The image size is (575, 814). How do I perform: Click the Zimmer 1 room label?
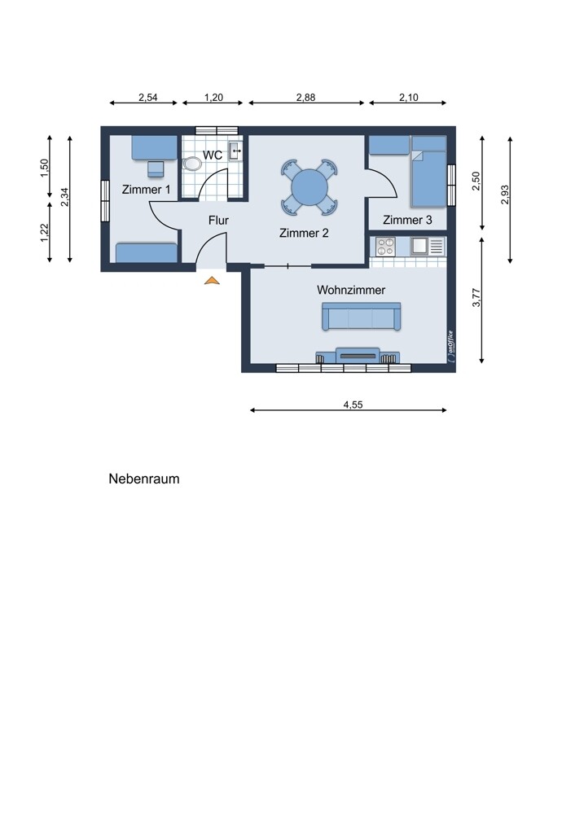147,190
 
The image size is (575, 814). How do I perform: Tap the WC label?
213,155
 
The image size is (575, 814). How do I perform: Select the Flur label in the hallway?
218,220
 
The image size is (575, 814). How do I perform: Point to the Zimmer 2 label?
304,233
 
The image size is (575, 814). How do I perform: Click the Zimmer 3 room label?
407,220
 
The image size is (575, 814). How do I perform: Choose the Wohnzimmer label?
351,290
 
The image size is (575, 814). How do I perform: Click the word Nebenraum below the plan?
144,479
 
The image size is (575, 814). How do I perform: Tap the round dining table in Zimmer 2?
309,187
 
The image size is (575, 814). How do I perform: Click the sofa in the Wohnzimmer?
361,317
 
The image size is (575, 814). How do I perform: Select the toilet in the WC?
193,163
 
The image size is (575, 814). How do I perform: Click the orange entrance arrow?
212,281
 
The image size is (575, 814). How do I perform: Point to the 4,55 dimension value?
353,404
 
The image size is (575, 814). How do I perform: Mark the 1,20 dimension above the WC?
213,97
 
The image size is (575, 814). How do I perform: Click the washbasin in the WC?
235,150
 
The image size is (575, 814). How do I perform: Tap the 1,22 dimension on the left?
45,232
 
